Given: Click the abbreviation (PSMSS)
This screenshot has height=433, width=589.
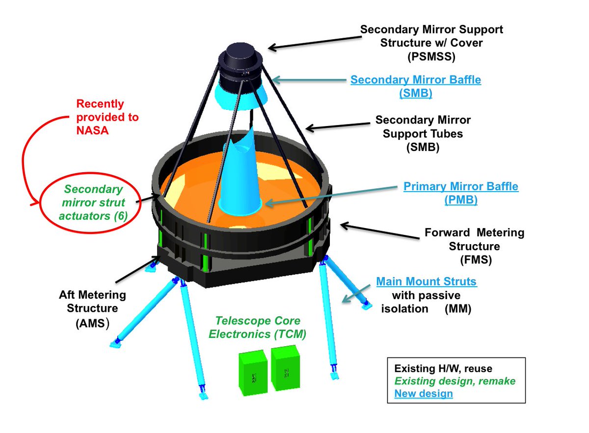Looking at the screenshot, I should pyautogui.click(x=431, y=56).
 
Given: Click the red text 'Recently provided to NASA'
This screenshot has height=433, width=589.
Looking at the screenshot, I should pyautogui.click(x=107, y=117).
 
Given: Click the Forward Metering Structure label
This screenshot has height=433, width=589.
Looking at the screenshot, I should pyautogui.click(x=474, y=246).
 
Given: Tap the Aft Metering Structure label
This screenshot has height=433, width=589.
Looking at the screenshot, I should pyautogui.click(x=92, y=309).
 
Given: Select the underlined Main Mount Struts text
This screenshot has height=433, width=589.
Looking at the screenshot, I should pyautogui.click(x=426, y=282).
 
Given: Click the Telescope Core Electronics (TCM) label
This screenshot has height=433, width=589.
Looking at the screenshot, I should pyautogui.click(x=261, y=328).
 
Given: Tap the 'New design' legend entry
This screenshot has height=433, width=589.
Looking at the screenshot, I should pyautogui.click(x=423, y=393).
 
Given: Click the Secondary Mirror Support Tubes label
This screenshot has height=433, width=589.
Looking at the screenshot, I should pyautogui.click(x=423, y=133).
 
